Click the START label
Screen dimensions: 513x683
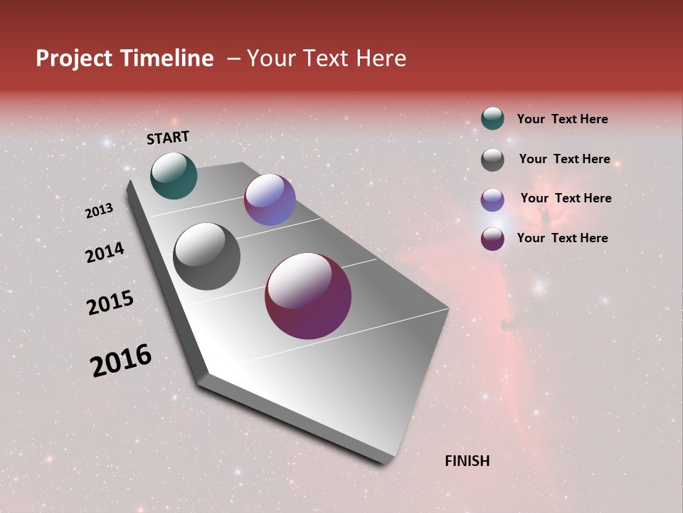coord(168,137)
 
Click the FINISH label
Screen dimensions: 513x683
coord(467,461)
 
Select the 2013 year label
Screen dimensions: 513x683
coord(99,211)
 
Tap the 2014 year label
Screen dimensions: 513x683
coord(105,253)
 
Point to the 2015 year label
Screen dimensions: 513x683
coord(110,303)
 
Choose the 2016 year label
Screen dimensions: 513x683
coord(121,361)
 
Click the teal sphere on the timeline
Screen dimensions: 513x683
coord(174,175)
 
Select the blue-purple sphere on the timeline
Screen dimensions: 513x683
coord(270,199)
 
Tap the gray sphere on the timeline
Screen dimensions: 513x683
coord(207,256)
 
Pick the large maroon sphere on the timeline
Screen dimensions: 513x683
coord(308,296)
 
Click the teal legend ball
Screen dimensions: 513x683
coord(492,118)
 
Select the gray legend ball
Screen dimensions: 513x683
coord(492,160)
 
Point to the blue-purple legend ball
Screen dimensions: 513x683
coord(492,199)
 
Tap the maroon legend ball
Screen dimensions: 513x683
coord(492,239)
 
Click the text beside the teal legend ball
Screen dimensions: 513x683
coord(562,119)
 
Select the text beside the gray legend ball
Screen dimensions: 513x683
coord(564,159)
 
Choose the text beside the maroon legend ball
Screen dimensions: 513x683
coord(562,238)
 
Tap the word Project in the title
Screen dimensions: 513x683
coord(73,58)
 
